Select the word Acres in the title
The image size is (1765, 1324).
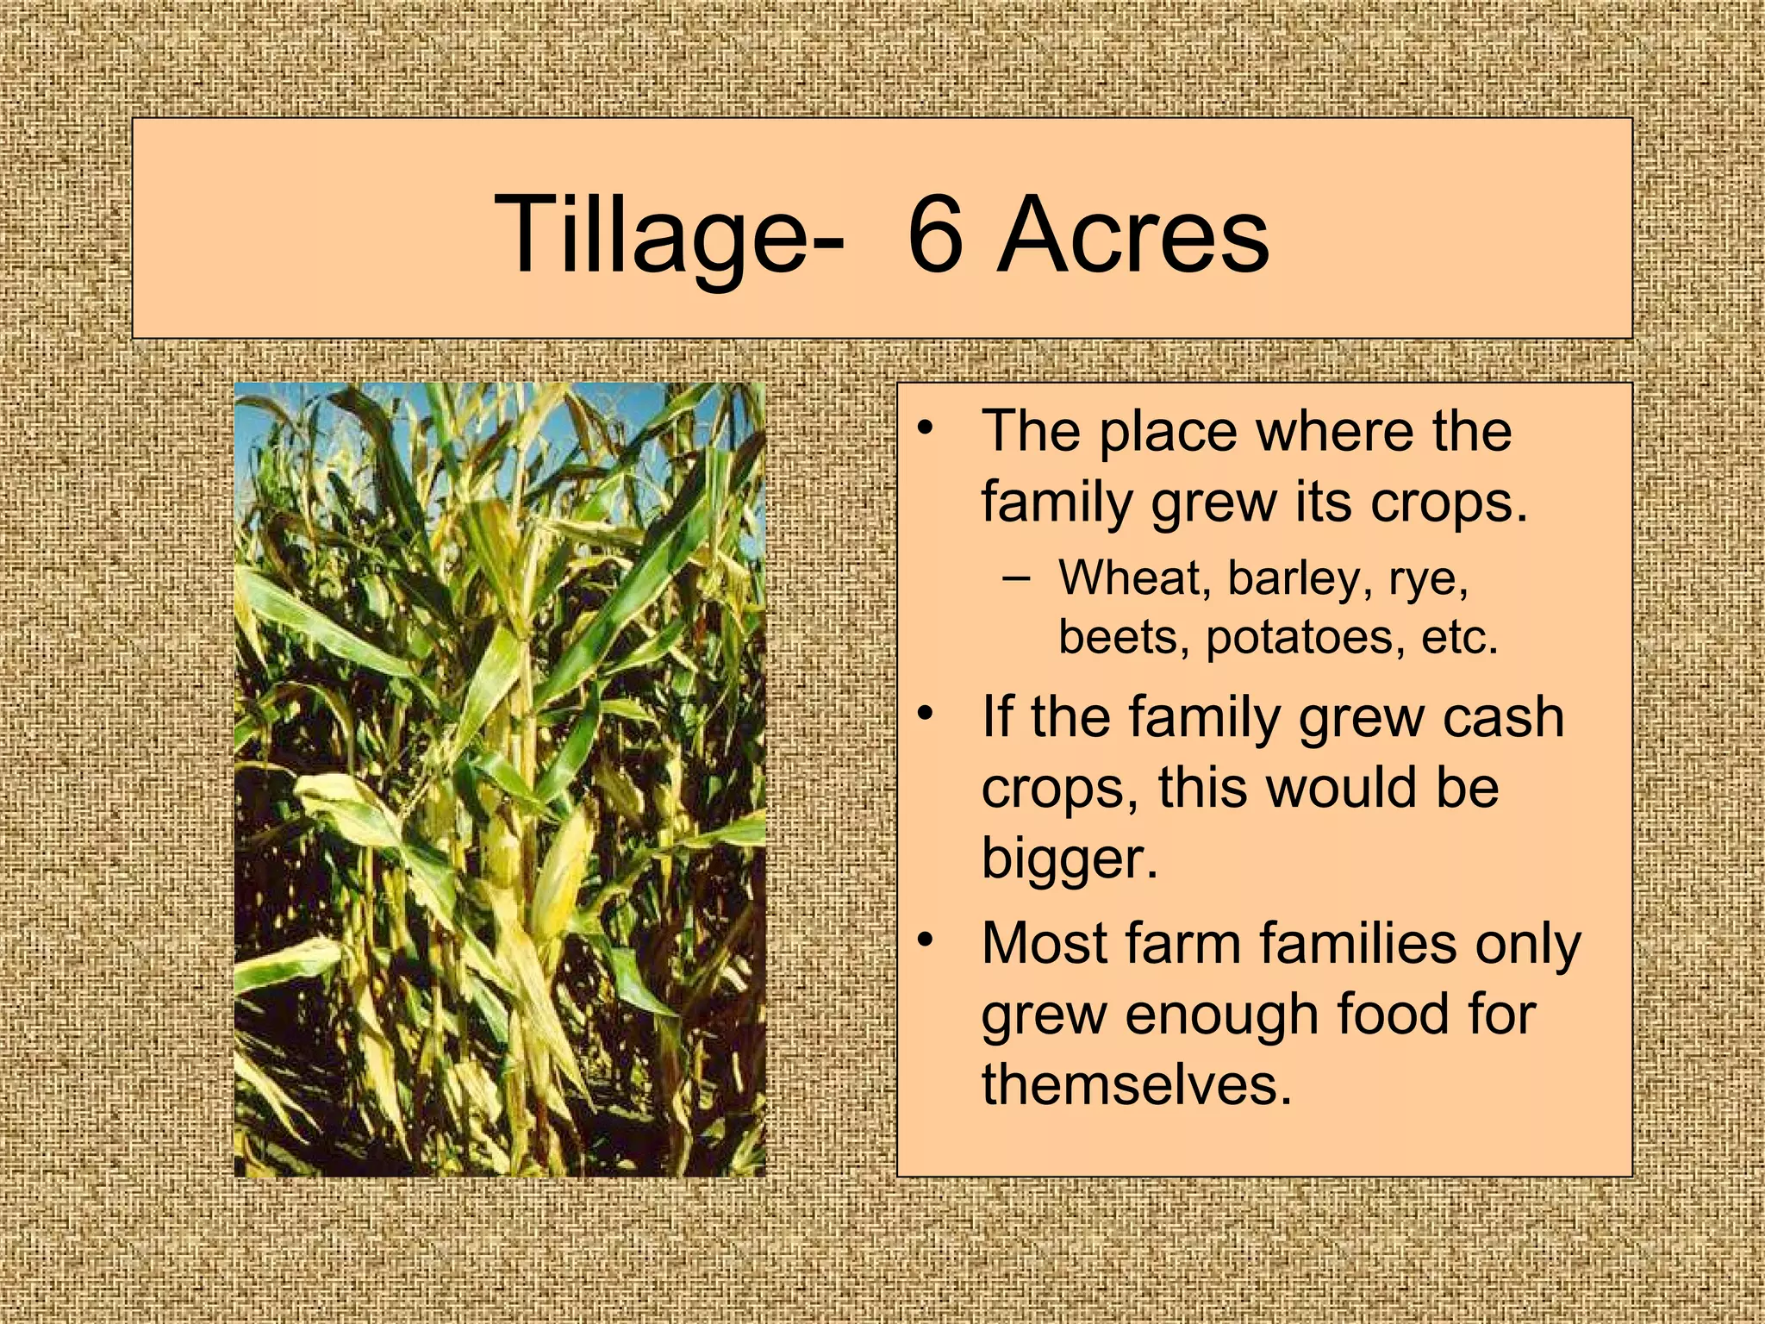[1132, 234]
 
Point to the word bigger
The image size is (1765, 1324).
[1070, 860]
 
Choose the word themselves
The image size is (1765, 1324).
[1137, 1084]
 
